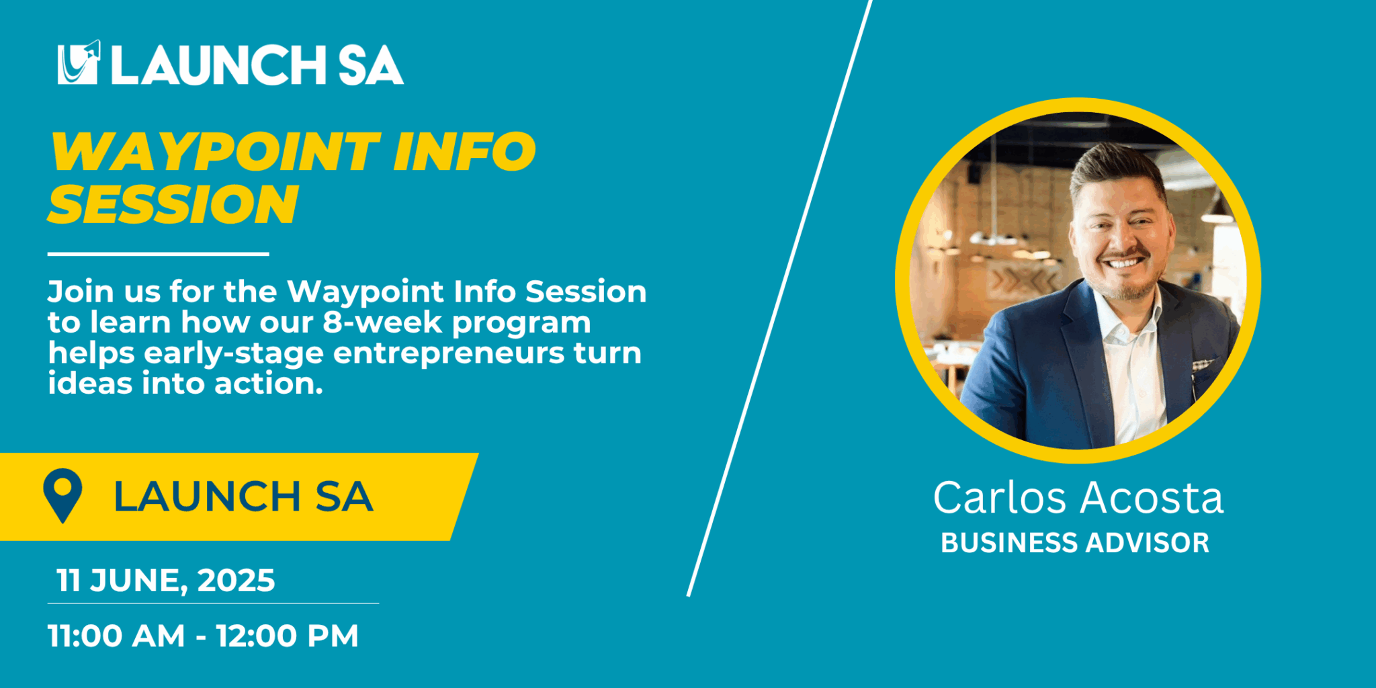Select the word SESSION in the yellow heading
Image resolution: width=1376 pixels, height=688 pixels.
point(173,204)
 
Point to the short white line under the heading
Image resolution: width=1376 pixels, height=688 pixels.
point(159,254)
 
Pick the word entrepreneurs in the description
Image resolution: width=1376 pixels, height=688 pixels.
point(449,354)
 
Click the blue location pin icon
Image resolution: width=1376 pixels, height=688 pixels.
point(62,494)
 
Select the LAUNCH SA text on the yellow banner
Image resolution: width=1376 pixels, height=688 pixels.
point(243,497)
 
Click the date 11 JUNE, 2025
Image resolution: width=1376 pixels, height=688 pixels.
point(165,580)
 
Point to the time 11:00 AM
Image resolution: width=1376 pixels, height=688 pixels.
point(116,636)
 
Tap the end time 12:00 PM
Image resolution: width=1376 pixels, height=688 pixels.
point(288,636)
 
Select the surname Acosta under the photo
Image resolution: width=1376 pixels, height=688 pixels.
point(1152,498)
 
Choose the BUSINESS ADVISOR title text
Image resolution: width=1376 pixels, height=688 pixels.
point(1075,543)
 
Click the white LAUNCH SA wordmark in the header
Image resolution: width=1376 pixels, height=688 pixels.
point(257,65)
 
